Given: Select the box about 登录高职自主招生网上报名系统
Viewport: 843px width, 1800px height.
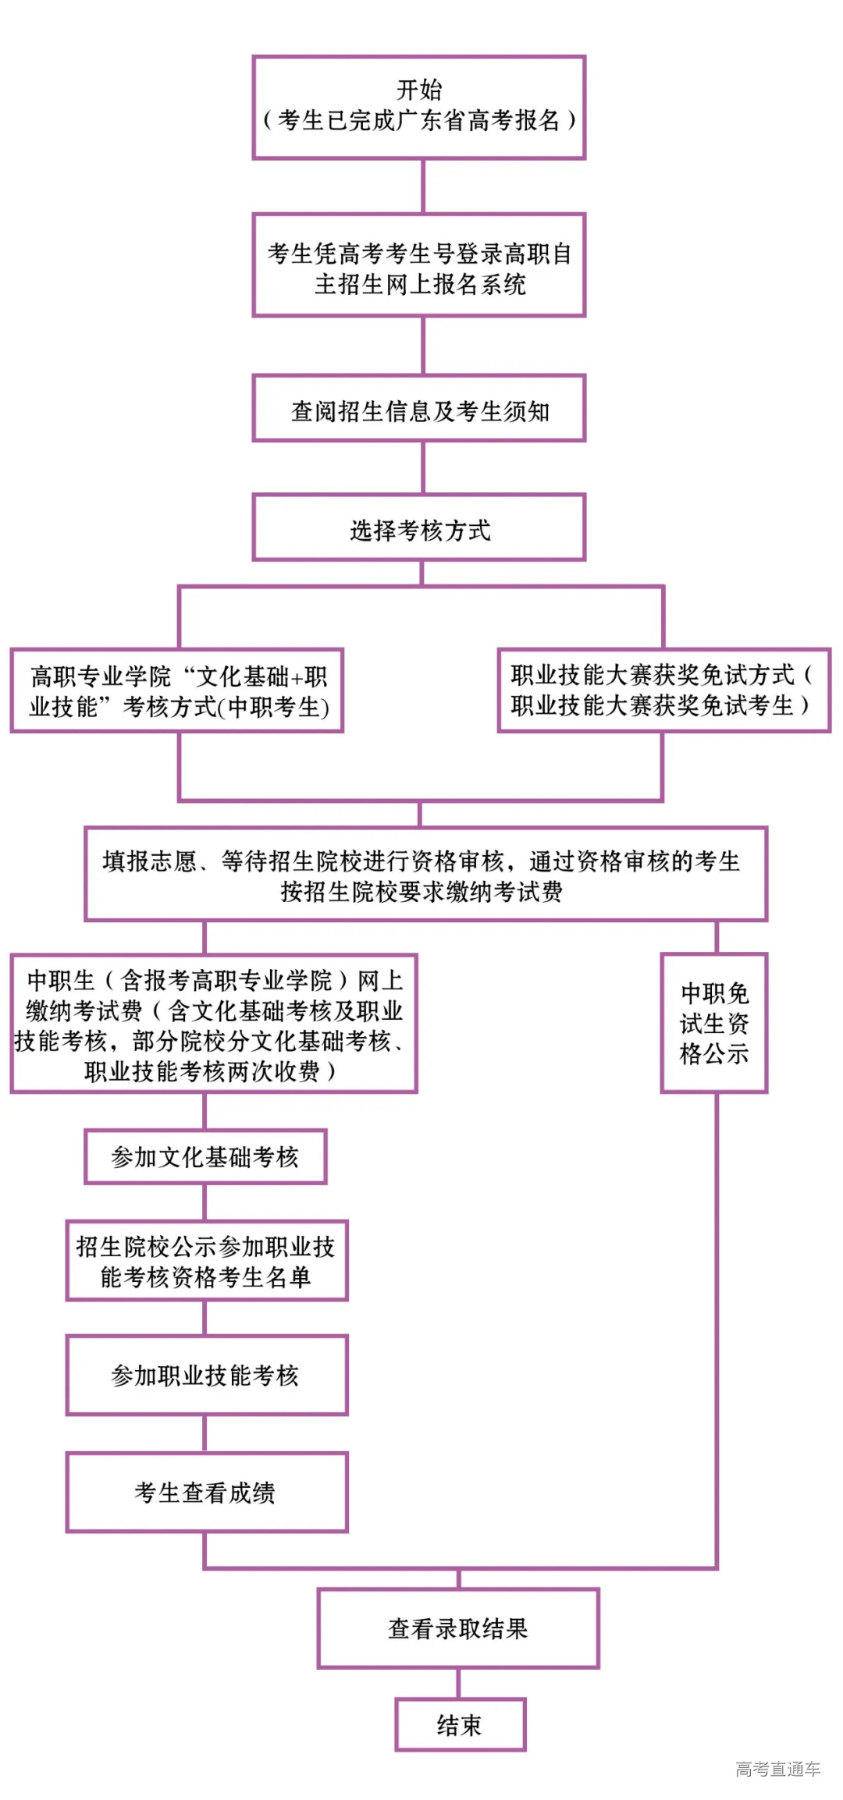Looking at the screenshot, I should coord(419,265).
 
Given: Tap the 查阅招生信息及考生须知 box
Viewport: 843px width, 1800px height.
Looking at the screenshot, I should coord(419,408).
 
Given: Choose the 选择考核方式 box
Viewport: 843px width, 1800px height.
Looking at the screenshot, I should coord(419,527).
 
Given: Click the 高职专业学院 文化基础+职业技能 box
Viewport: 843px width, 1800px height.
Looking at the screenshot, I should coord(177,691).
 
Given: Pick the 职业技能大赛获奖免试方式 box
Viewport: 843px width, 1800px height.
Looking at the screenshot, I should coord(664,691).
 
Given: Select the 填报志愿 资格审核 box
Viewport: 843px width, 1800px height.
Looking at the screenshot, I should coord(426,874).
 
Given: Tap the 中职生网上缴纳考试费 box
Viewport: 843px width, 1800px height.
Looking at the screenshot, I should coord(214,1024).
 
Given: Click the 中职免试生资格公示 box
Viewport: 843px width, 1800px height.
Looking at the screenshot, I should coord(714,1024).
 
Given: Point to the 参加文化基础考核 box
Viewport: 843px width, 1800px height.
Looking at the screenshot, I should coord(205,1156).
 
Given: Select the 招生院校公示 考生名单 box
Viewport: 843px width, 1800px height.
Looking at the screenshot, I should coord(207,1261).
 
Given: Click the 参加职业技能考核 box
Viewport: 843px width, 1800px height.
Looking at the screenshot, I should coord(207,1376).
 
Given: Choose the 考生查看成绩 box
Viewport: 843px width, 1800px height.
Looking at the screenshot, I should coord(207,1493).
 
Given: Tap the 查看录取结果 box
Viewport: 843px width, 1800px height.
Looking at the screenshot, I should coord(458,1628).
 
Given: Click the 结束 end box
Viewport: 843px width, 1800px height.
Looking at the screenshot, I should coord(461,1724).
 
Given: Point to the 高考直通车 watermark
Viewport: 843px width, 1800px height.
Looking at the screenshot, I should coord(777,1769).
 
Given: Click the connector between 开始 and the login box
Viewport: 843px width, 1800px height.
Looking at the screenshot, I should coord(423,186).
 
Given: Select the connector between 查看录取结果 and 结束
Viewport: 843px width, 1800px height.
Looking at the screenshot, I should coord(458,1684).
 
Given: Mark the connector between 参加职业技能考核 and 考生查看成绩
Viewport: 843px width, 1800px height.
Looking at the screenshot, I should coord(205,1434).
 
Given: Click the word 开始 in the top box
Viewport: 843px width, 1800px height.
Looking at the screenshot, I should coord(419,90).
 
